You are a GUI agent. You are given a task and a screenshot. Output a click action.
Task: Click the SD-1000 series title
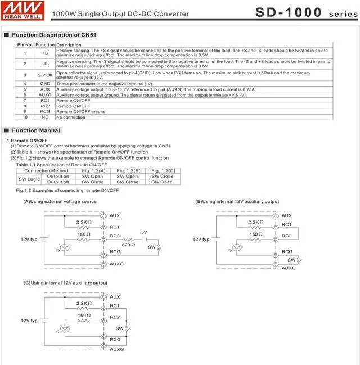(306, 12)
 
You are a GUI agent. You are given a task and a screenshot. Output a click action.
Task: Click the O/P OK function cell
(45, 75)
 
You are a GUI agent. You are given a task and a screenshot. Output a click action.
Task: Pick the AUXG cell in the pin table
(45, 95)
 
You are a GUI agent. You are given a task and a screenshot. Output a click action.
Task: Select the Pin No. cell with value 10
(25, 117)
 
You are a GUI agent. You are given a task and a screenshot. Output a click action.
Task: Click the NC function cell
(45, 117)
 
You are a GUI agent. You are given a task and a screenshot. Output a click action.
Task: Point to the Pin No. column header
(25, 44)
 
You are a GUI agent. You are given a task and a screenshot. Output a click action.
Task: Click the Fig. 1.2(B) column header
(128, 170)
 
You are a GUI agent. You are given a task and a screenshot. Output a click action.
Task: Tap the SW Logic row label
(29, 179)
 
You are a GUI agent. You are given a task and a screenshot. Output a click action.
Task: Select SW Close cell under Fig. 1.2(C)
(163, 176)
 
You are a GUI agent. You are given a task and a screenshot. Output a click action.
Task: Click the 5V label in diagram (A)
(144, 232)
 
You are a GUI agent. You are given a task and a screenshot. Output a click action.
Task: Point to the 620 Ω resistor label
(129, 245)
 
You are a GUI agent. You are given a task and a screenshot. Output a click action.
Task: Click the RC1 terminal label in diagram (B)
(287, 225)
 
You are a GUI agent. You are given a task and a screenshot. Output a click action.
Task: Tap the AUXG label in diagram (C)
(116, 349)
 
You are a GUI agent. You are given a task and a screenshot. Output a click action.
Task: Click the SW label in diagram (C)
(119, 328)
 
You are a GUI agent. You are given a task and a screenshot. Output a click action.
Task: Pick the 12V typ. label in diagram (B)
(202, 239)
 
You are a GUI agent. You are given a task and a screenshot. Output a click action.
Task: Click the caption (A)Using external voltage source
(60, 201)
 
